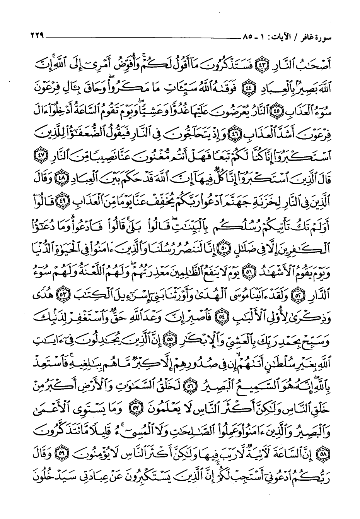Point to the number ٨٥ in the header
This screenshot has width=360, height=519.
coord(248,37)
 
